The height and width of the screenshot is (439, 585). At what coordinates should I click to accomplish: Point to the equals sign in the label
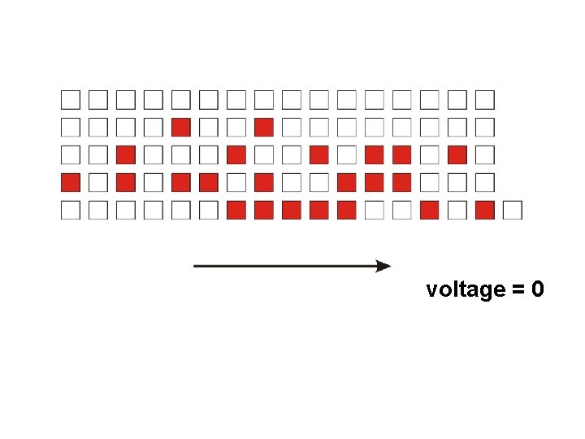[517, 290]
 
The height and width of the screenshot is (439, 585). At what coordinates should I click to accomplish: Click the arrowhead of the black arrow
[383, 266]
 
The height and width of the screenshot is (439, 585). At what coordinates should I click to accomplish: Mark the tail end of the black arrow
[195, 266]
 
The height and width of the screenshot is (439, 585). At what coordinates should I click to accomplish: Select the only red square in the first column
[71, 182]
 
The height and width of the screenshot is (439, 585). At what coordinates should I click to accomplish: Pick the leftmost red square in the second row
[181, 127]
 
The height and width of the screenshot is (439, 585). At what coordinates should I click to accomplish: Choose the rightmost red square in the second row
[264, 127]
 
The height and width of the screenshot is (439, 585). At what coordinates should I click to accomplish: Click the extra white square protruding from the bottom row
[512, 210]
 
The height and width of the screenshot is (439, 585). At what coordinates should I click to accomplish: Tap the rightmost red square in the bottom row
[485, 210]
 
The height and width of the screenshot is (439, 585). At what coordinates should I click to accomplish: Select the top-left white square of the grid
[71, 99]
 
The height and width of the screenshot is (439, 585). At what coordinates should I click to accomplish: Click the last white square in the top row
[485, 99]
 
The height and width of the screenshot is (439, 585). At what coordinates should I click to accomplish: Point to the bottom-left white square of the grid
[71, 210]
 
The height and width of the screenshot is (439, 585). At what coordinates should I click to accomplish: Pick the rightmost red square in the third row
[457, 154]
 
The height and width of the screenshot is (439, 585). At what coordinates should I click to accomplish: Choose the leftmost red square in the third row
[126, 154]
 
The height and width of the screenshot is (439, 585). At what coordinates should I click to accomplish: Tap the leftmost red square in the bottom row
[236, 210]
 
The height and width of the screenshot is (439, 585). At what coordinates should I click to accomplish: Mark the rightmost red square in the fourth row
[402, 182]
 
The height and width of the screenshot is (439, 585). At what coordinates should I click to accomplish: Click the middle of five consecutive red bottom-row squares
[292, 210]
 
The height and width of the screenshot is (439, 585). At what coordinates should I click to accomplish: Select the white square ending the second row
[485, 127]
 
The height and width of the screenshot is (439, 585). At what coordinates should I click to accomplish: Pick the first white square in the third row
[71, 154]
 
